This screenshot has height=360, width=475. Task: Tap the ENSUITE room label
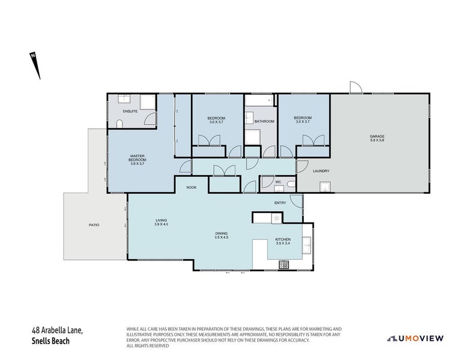(130, 112)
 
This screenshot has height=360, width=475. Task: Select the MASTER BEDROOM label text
(138, 159)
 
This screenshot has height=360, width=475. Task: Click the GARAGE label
(377, 139)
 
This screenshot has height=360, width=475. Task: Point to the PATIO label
(93, 224)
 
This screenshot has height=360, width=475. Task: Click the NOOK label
(191, 187)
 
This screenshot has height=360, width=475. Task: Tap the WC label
(278, 181)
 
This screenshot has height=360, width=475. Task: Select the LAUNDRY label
(321, 171)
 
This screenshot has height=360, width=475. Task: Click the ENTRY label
(280, 203)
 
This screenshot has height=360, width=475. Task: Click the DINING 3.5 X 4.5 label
(222, 235)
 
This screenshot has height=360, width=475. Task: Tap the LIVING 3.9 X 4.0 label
(161, 222)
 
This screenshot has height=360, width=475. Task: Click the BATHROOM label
(264, 121)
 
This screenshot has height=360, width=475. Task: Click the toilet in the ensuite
(119, 124)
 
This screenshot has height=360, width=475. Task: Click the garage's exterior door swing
(355, 88)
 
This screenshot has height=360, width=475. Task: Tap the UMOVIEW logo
(416, 338)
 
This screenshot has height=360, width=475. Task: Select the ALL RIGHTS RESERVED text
(148, 346)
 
